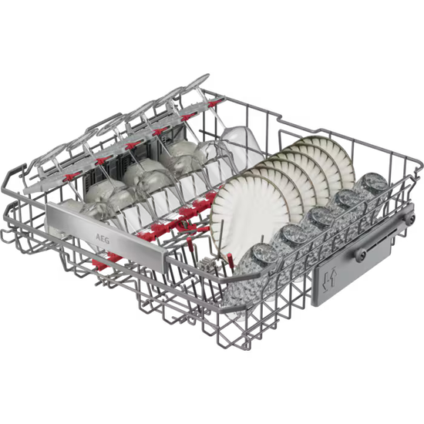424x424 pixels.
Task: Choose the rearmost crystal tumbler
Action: point(373,186)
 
